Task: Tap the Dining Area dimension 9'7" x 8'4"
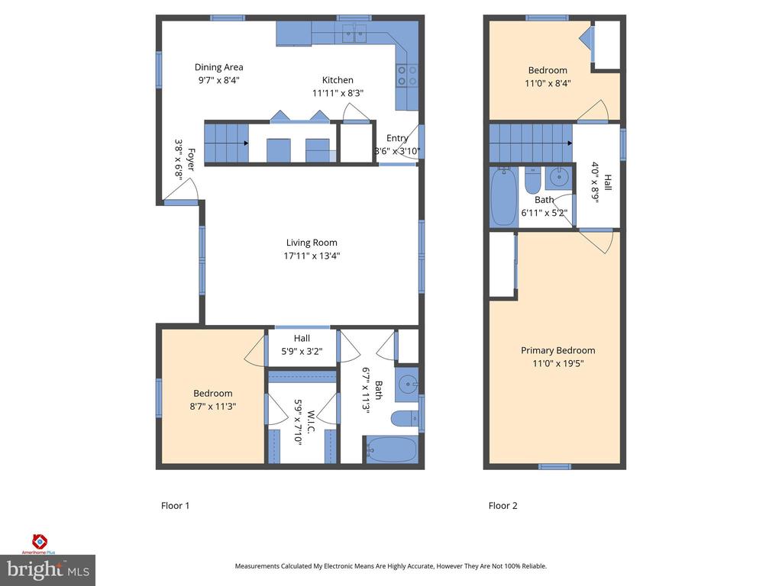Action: point(218,80)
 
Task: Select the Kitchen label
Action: point(338,80)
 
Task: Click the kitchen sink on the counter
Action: point(354,32)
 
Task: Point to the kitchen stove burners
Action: point(406,75)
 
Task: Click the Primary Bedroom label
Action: point(557,351)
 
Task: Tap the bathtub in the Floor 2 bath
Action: point(503,197)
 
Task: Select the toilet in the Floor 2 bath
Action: point(533,182)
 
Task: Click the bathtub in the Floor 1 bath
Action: point(391,449)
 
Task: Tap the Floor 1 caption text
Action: point(175,505)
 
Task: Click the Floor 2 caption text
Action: point(502,505)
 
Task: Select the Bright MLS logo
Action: point(47,569)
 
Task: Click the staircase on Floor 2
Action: point(530,143)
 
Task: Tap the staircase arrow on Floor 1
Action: point(246,143)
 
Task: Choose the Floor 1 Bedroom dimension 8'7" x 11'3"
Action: point(212,407)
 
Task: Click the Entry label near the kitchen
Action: point(397,138)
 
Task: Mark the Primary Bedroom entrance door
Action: point(598,240)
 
